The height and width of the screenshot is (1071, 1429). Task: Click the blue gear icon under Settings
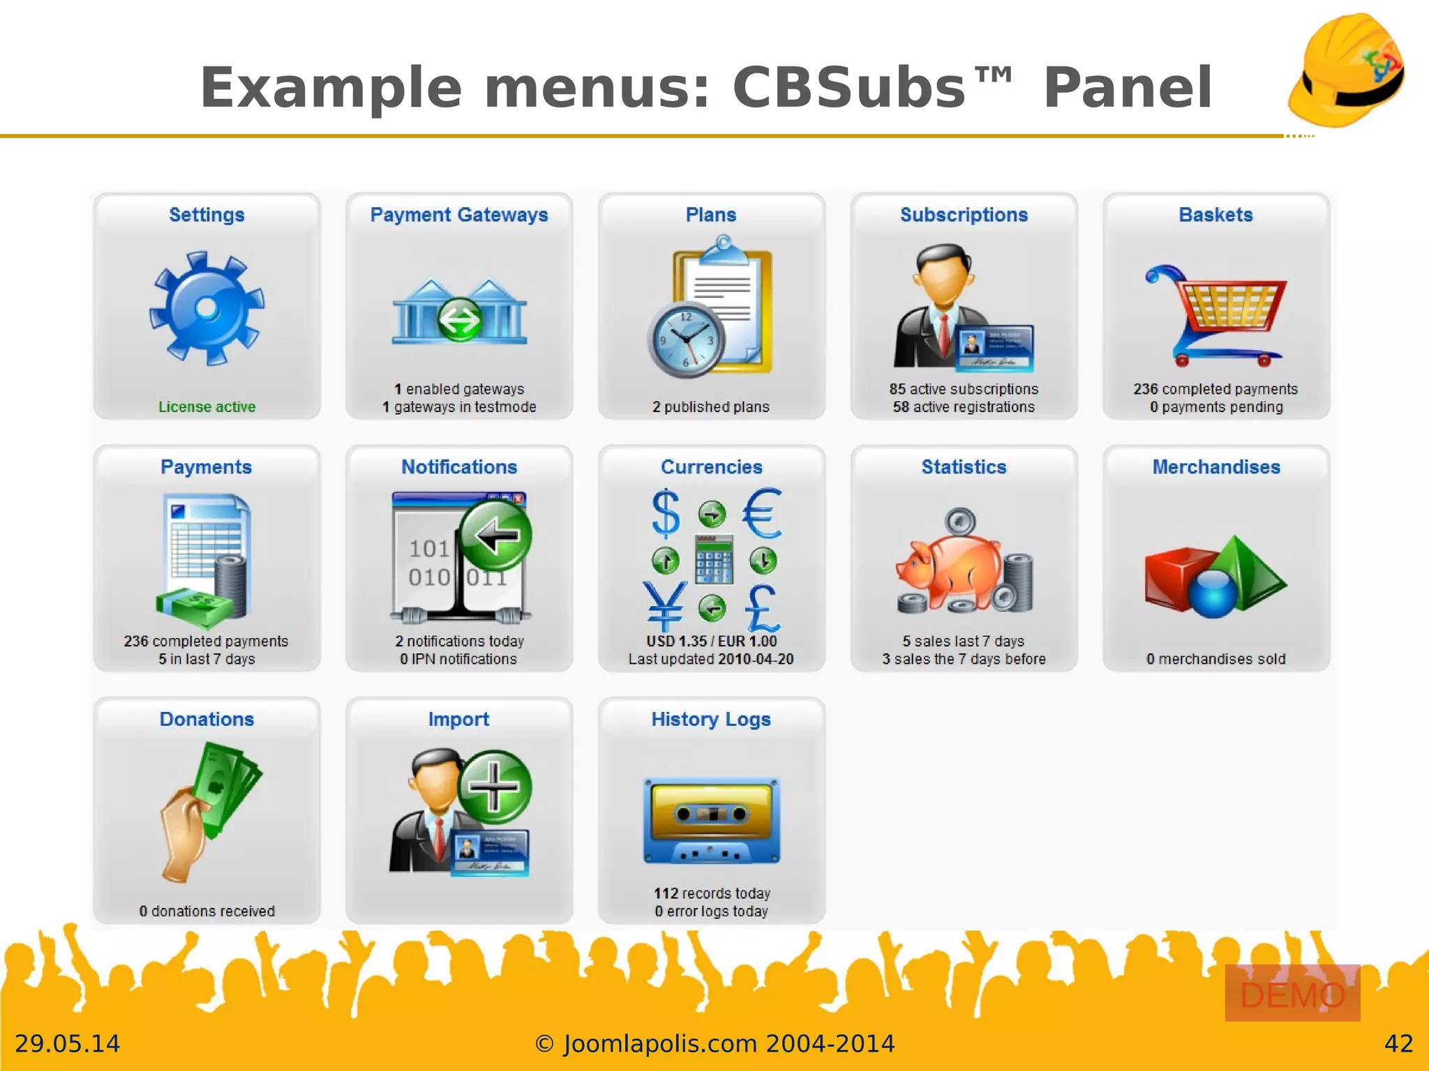pos(207,308)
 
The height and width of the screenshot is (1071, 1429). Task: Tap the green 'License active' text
pos(207,407)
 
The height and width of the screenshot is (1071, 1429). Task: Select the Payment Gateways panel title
pos(459,215)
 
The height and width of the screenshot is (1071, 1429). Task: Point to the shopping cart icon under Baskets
pos(1216,314)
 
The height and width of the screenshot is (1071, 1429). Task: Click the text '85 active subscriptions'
pos(964,389)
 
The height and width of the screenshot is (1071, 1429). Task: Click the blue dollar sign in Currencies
pos(666,513)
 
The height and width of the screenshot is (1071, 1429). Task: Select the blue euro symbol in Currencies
pos(761,513)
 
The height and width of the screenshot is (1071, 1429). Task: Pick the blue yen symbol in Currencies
pos(664,605)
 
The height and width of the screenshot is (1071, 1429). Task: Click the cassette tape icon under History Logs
pos(711,821)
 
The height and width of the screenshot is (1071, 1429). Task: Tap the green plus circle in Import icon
pos(494,787)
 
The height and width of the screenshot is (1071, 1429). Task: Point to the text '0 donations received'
pos(207,911)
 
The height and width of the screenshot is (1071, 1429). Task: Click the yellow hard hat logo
pos(1346,70)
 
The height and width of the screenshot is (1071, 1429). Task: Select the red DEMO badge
pos(1292,994)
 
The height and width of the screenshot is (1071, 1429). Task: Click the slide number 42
pos(1398,1044)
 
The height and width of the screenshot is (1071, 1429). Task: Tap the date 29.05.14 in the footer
pos(68,1044)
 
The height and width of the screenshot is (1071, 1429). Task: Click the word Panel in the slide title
pos(1127,88)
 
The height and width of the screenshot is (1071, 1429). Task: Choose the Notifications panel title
pos(459,467)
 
